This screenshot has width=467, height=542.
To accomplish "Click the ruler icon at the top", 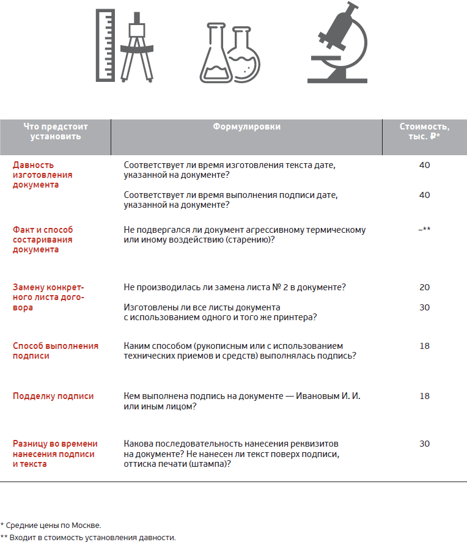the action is (x=105, y=45).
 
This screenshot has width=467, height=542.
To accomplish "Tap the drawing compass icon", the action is (x=137, y=47).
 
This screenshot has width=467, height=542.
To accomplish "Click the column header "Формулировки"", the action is (x=246, y=126).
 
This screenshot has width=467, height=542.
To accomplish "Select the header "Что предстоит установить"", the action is (x=56, y=131).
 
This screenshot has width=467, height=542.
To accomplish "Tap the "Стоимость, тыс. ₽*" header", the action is (x=424, y=131).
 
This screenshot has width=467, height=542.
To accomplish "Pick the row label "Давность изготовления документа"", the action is (x=43, y=175).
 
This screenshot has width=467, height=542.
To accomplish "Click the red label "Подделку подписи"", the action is (x=53, y=396).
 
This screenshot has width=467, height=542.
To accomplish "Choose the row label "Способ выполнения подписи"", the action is (x=56, y=351).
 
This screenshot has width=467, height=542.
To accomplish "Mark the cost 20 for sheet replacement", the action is (x=424, y=287).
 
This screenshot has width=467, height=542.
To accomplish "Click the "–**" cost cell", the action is (x=424, y=229).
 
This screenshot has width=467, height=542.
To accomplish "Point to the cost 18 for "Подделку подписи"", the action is (x=424, y=396).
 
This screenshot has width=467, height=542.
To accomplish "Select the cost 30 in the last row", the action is (x=424, y=444).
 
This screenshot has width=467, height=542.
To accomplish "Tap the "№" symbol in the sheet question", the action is (x=276, y=287).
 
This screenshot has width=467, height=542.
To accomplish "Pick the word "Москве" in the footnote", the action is (x=86, y=526).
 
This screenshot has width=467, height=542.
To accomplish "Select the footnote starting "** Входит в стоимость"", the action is (x=88, y=538).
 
